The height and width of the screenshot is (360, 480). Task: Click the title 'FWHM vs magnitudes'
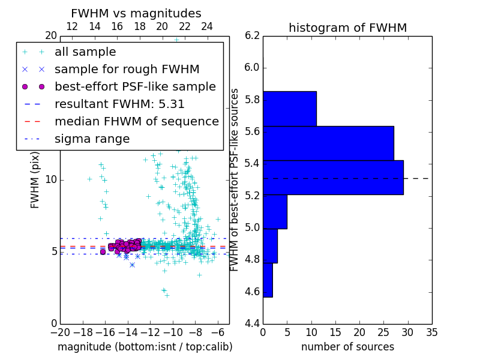(136, 13)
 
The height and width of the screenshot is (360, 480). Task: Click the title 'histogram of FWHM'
(347, 28)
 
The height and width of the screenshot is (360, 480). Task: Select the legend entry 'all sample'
(85, 52)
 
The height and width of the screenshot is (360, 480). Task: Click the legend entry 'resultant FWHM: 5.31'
(119, 104)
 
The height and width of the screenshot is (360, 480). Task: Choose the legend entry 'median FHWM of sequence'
(136, 121)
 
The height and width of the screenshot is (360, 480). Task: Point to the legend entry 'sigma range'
(92, 139)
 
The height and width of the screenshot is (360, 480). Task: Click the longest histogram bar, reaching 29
(333, 177)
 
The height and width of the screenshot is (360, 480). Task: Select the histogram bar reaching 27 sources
(328, 143)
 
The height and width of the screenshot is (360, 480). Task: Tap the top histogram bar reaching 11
(289, 109)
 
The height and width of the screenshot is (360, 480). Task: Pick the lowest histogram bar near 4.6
(268, 280)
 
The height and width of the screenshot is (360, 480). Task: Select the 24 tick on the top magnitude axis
(207, 26)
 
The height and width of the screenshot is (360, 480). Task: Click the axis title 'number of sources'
(347, 347)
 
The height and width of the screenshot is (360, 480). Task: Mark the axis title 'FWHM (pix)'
(35, 179)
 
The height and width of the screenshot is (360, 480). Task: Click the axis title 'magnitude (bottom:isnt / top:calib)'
(145, 347)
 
